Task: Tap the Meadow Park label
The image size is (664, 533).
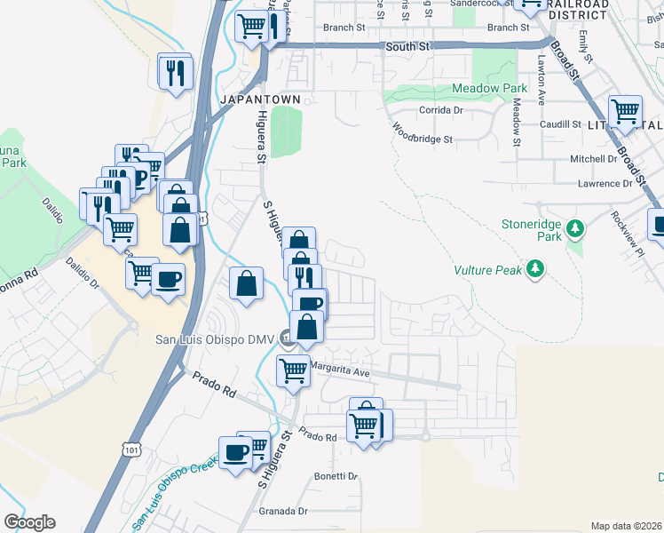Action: tap(489, 88)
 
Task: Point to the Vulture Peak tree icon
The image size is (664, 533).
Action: tap(535, 267)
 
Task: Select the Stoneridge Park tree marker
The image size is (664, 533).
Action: tap(576, 230)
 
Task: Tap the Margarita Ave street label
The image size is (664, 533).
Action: tap(338, 373)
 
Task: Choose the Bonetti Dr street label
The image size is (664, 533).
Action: tap(336, 476)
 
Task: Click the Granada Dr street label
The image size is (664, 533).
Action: tap(282, 511)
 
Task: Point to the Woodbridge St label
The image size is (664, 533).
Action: tap(423, 139)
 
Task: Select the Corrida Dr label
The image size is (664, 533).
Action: tap(441, 110)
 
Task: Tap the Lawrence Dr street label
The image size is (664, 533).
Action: tap(605, 184)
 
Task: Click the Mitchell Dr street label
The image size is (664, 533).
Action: tap(593, 159)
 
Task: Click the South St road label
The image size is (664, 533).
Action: tap(407, 44)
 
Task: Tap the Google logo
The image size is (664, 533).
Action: tap(29, 522)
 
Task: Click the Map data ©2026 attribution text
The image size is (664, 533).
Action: tap(626, 526)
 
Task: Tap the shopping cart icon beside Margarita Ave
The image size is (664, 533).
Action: tap(293, 370)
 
